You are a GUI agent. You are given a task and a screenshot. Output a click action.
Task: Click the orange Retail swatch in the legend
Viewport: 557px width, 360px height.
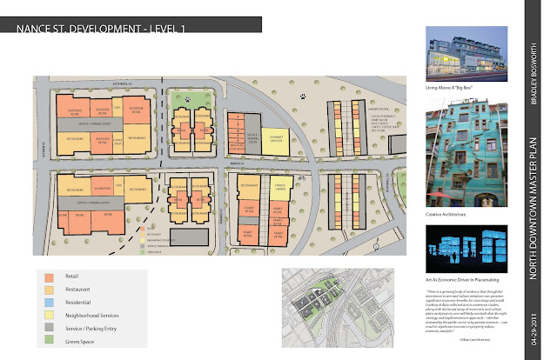(x=50, y=276)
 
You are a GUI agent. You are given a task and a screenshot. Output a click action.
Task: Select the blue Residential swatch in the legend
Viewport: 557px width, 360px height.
(x=50, y=300)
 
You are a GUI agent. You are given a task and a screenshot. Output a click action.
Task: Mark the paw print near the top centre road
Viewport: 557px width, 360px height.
(x=303, y=97)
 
